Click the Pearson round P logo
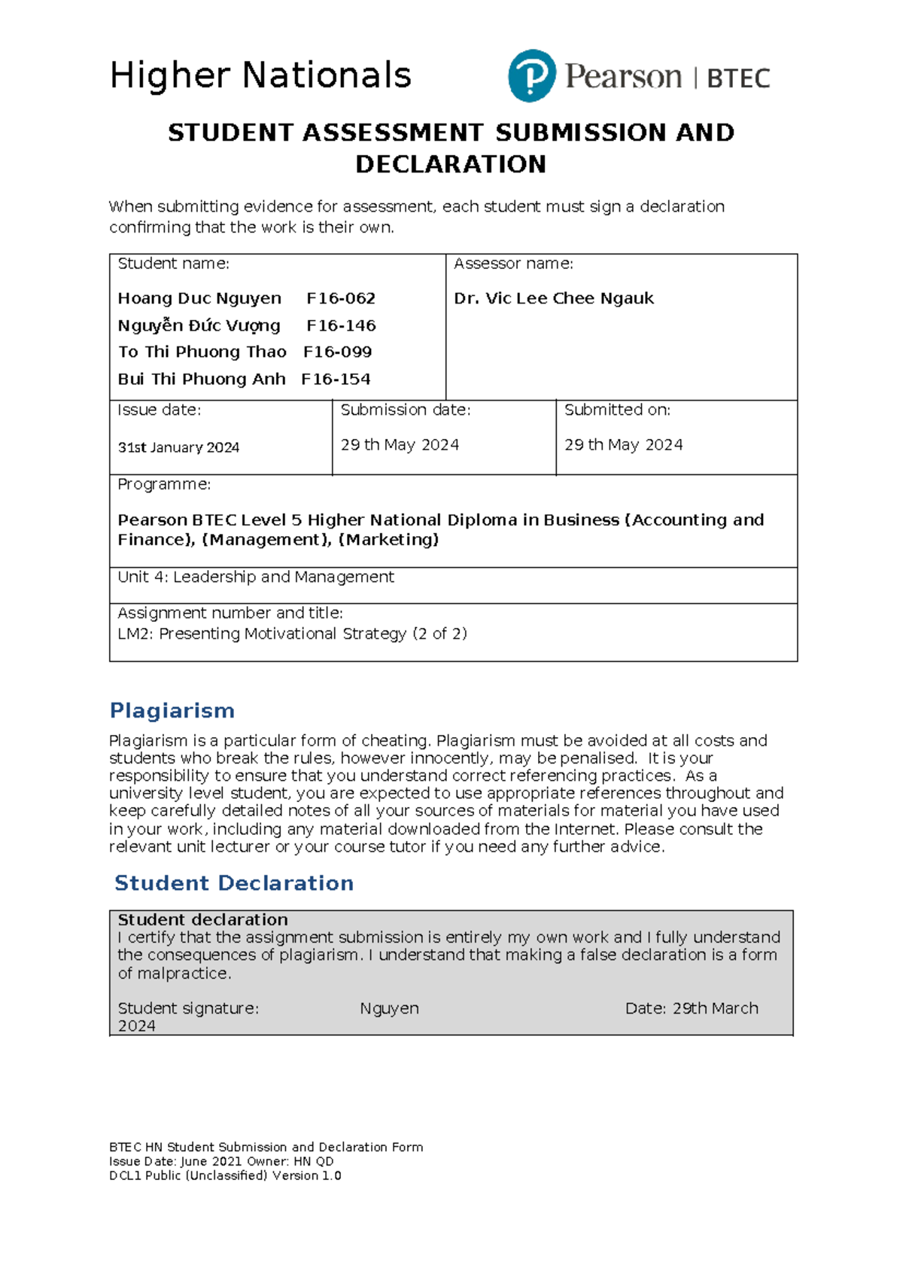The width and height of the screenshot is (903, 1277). coord(532,76)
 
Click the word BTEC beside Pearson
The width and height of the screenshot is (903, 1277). coord(738,78)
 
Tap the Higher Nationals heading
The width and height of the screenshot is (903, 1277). coord(260,75)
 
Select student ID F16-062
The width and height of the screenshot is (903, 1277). coord(341,298)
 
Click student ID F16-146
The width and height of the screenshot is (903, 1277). coord(341,325)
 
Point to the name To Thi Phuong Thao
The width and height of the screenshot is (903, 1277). coord(202,352)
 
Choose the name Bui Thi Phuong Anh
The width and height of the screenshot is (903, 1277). coord(201,379)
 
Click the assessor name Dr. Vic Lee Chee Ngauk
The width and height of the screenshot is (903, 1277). coord(553,298)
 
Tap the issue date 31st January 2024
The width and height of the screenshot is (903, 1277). coord(178,447)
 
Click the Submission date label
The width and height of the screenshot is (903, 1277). coord(405,410)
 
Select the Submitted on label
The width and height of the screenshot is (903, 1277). coord(617,410)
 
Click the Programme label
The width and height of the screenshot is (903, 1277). coord(164,484)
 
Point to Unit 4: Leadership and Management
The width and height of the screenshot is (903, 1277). coord(256,577)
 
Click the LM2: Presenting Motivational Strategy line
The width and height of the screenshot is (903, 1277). coord(292,633)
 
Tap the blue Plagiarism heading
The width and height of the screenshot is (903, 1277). coord(172,710)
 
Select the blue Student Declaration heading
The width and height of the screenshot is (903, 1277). coord(233,882)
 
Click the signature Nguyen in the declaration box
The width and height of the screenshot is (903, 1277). coord(389,1008)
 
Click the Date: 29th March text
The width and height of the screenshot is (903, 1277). coord(691,1008)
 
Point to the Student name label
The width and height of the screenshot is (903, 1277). coord(173,264)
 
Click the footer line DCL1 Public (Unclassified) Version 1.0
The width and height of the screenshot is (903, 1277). coord(225,1175)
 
